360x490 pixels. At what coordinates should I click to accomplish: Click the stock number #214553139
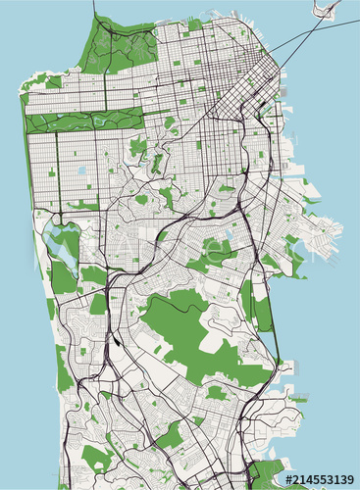click(319, 479)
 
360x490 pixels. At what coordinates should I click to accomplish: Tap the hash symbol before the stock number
click(288, 479)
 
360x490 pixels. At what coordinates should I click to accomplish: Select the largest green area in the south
click(186, 333)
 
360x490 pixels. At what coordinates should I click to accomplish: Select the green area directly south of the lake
click(61, 279)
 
